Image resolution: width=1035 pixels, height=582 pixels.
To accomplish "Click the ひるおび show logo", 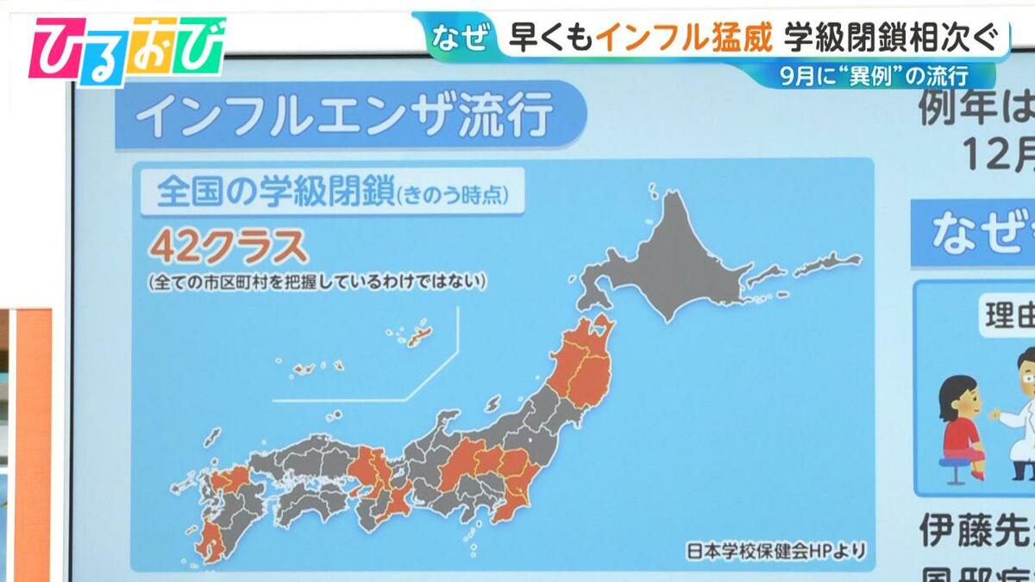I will pos(127,50).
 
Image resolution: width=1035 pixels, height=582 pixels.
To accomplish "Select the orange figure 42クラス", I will pos(229,248).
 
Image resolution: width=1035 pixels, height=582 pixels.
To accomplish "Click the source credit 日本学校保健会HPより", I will pos(775,549).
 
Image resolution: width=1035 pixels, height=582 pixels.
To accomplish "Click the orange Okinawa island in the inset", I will pos(419,337).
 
